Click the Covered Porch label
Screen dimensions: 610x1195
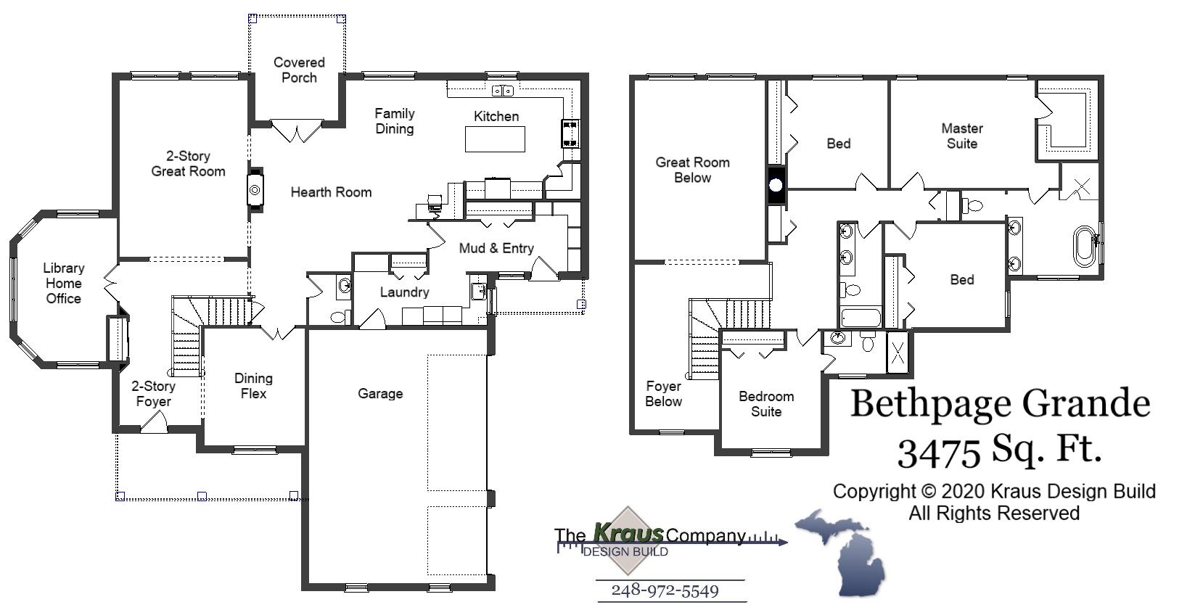pos(299,70)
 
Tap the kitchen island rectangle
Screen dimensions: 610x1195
pos(495,139)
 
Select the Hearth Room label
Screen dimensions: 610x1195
pos(331,192)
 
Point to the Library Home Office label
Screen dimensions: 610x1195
pos(64,283)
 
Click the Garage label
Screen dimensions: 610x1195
pos(380,394)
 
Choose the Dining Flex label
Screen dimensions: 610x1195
pos(253,386)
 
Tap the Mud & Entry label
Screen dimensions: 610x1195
pos(496,248)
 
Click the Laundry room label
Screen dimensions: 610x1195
pos(404,292)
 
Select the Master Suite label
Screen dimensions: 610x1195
pos(962,136)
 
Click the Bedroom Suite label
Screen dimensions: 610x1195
pos(766,404)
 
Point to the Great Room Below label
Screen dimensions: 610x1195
pos(692,170)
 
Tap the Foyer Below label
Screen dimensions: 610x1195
pos(663,394)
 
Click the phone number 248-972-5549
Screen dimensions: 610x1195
pos(665,590)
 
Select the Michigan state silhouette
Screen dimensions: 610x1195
pos(849,551)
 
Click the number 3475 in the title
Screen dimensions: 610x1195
pos(940,453)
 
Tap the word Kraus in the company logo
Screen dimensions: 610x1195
pos(628,533)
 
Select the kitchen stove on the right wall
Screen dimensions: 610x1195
pos(570,133)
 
